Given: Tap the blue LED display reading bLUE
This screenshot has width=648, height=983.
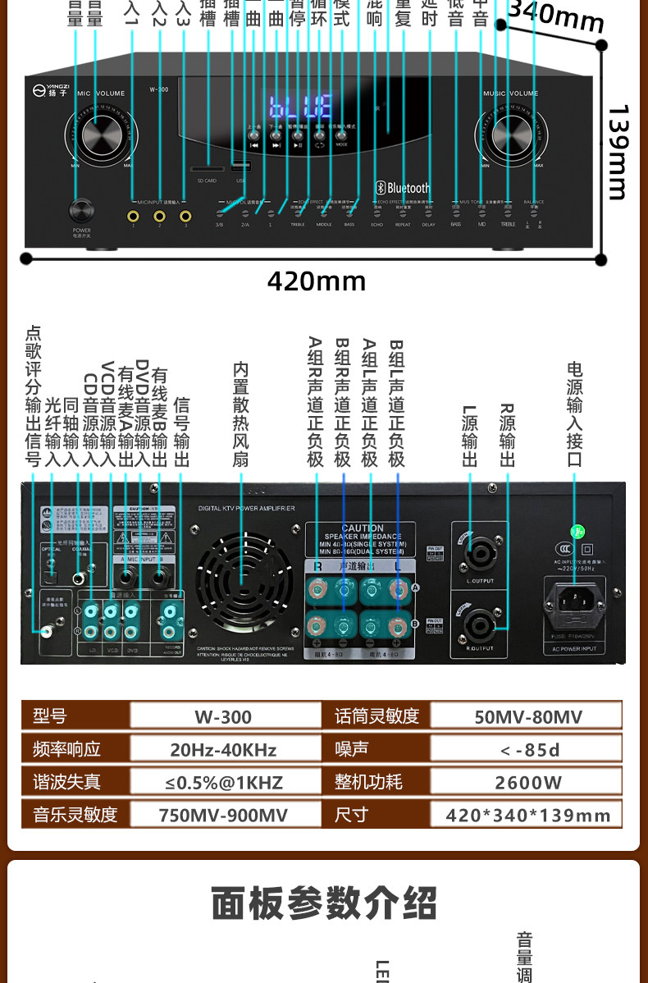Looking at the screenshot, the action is (x=301, y=107).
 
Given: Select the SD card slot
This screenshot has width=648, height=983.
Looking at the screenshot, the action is (x=205, y=169).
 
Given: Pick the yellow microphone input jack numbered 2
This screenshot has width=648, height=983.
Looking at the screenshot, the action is (x=159, y=217).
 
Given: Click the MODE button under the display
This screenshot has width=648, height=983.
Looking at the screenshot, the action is (x=341, y=135).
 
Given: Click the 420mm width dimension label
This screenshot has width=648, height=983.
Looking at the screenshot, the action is (x=317, y=281).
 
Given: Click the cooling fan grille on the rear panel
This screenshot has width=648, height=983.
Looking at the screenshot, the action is (x=244, y=580).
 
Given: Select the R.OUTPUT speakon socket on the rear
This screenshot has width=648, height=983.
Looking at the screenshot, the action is (x=479, y=627).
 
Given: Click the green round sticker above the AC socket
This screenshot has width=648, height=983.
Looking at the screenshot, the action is (x=577, y=532).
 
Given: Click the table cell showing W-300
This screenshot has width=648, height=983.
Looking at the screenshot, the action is (x=223, y=716).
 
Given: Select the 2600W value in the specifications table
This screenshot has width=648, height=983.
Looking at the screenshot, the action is (x=528, y=782).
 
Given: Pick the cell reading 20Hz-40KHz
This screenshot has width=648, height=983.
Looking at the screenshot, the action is (x=223, y=749).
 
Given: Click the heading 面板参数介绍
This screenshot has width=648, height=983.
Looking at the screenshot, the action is (x=324, y=903).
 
